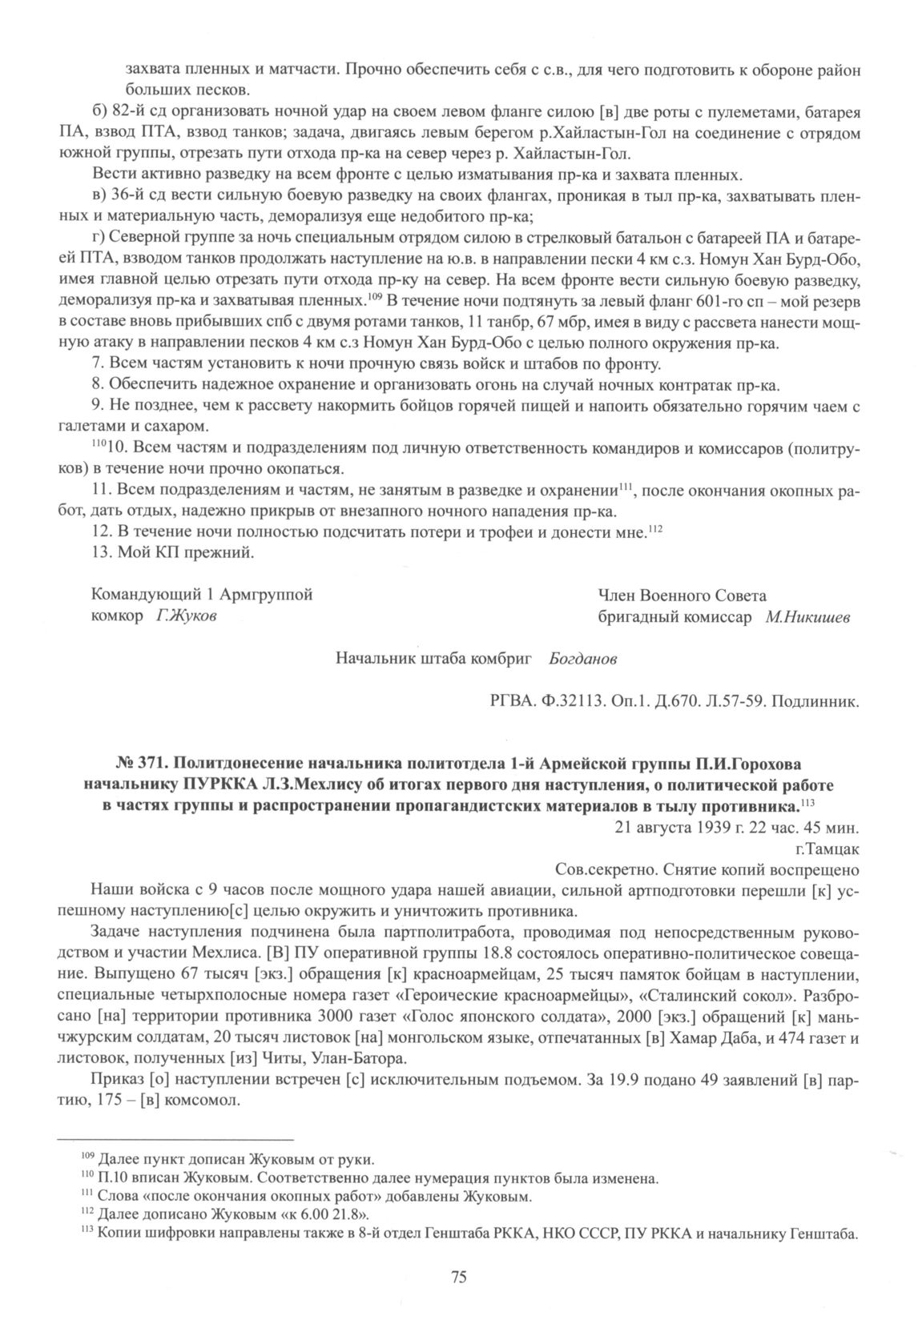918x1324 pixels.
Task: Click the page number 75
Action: pos(459,1277)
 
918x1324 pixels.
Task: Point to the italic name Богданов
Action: pos(583,660)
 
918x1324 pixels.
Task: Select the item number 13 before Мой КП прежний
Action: pos(101,552)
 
